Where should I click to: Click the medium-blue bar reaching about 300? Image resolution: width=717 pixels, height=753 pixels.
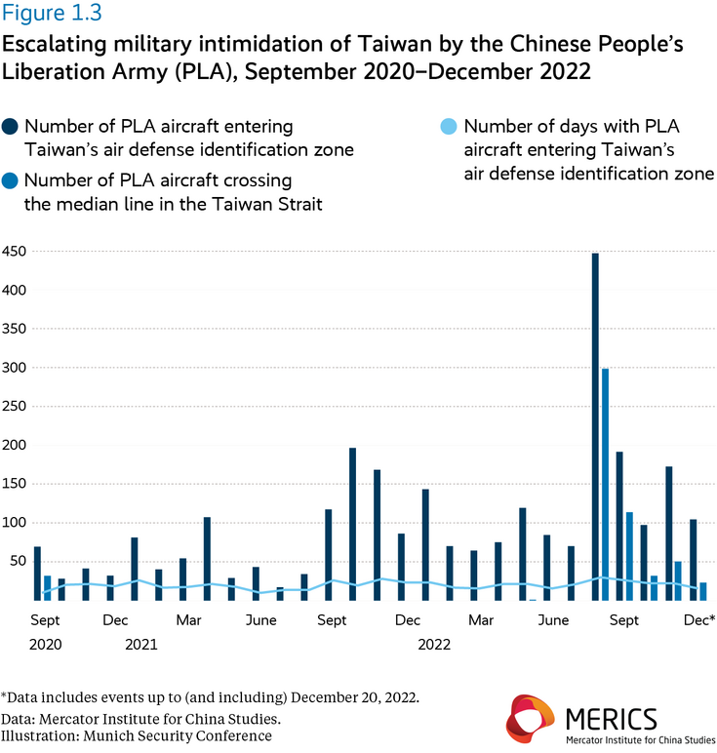[x=606, y=484]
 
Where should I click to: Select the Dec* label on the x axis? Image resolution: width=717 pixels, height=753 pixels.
[x=699, y=620]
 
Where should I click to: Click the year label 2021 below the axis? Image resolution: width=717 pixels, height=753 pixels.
[x=140, y=644]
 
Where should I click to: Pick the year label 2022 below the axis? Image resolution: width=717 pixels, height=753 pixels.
[x=435, y=644]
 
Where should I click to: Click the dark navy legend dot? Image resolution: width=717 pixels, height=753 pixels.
[x=11, y=128]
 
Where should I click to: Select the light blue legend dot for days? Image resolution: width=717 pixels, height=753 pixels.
[x=449, y=128]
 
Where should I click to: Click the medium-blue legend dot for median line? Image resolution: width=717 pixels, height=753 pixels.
[x=11, y=181]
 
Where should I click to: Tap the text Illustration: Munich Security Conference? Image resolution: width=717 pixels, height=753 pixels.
[x=137, y=735]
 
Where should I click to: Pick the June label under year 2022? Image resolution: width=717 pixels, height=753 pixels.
[x=554, y=620]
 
